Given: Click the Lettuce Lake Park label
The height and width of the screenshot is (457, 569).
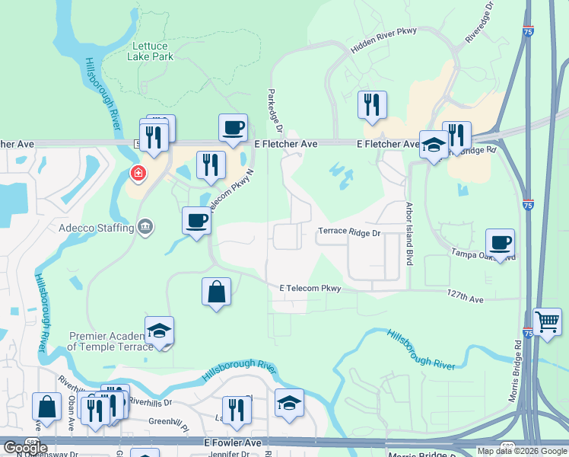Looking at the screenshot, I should tap(152, 51).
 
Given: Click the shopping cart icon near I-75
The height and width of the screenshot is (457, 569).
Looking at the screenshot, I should tap(548, 321).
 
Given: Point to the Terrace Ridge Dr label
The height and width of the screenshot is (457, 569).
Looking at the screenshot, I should tap(348, 233).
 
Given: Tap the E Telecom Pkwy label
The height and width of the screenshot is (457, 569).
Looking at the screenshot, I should tap(310, 289).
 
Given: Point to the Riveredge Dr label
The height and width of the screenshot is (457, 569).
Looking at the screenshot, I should tap(478, 24).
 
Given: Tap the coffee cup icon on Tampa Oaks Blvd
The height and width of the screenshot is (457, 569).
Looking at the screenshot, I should tap(500, 243).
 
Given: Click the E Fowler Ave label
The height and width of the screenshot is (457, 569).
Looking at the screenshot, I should tap(233, 443).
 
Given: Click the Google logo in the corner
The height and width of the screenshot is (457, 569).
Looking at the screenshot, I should tap(25, 447).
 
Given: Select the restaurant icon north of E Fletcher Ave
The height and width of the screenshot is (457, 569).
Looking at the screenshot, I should tap(373, 105).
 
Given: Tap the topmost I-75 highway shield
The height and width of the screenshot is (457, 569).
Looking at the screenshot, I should tap(529, 31).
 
